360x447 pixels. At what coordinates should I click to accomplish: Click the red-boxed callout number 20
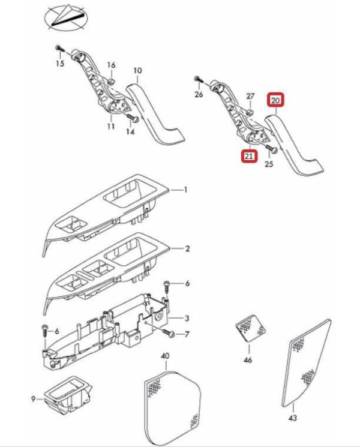pos(276,100)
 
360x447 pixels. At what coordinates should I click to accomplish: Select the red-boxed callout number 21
pos(247,157)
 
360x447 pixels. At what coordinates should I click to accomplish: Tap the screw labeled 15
pos(58,47)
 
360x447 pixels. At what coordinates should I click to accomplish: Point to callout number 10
pos(137,71)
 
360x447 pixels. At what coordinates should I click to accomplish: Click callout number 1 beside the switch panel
pos(186,190)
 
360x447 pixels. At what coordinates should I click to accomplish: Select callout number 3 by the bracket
pos(187,319)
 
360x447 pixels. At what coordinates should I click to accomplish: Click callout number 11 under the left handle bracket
pos(110,127)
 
